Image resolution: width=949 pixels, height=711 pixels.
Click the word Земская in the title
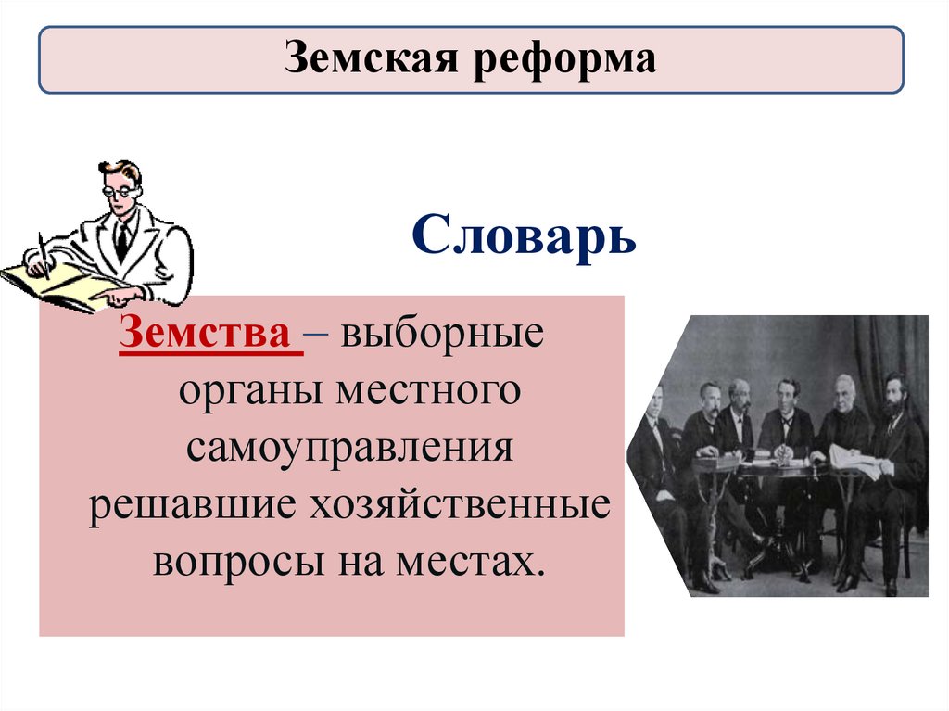click(x=367, y=60)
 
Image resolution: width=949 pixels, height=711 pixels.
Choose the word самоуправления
click(x=348, y=449)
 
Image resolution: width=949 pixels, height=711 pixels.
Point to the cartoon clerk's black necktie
click(x=121, y=242)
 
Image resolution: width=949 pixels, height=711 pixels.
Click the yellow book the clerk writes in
click(x=56, y=283)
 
